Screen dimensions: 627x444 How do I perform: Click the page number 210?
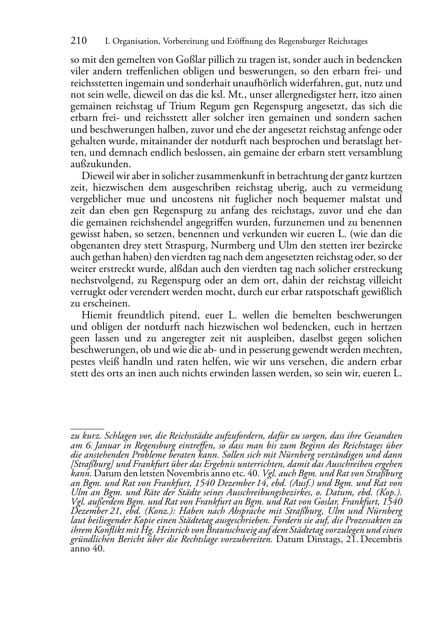click(78, 41)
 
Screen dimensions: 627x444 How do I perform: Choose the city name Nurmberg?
click(232, 245)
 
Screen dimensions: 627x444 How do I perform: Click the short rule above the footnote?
click(87, 428)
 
